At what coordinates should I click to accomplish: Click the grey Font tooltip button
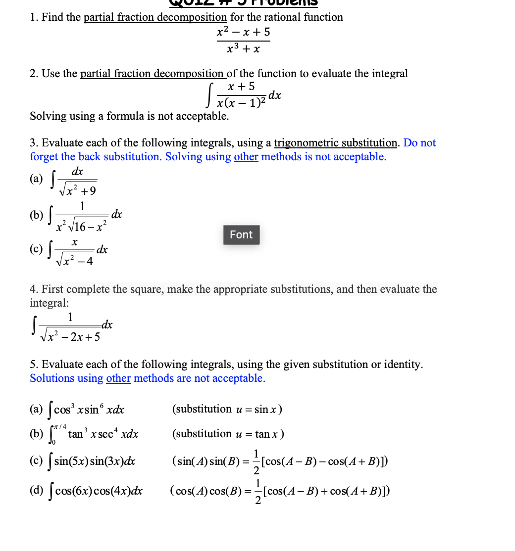tap(241, 234)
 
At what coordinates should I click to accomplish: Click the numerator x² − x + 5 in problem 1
tap(244, 33)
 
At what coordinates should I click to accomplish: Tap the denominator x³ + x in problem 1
tap(243, 49)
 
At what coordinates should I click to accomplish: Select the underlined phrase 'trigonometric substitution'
tap(336, 143)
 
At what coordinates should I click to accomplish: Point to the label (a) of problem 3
tap(36, 179)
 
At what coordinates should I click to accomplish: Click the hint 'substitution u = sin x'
tap(227, 409)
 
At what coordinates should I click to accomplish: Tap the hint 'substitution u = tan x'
tap(228, 434)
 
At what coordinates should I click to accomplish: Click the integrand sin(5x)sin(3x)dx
tap(95, 462)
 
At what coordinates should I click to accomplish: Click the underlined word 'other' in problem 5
tap(118, 378)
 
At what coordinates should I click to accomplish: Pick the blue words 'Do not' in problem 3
tap(419, 143)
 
